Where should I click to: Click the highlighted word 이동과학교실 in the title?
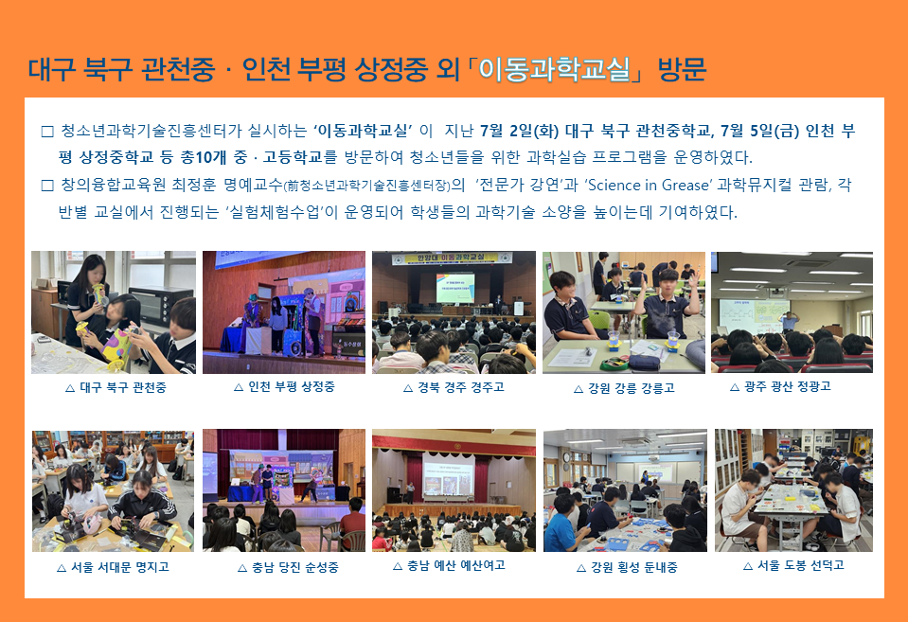click(554, 70)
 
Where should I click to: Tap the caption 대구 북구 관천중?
click(123, 387)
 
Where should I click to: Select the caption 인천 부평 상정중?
click(292, 387)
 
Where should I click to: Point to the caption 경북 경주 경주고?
click(461, 387)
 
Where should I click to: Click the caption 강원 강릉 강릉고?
click(632, 388)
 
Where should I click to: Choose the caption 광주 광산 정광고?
click(788, 386)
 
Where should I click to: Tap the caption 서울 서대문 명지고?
click(120, 567)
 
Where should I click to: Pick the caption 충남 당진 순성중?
click(295, 567)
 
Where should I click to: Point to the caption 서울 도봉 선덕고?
click(801, 565)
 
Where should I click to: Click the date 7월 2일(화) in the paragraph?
click(519, 131)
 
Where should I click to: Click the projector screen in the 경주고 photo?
click(455, 288)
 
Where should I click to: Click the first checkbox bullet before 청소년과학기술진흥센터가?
click(47, 132)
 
